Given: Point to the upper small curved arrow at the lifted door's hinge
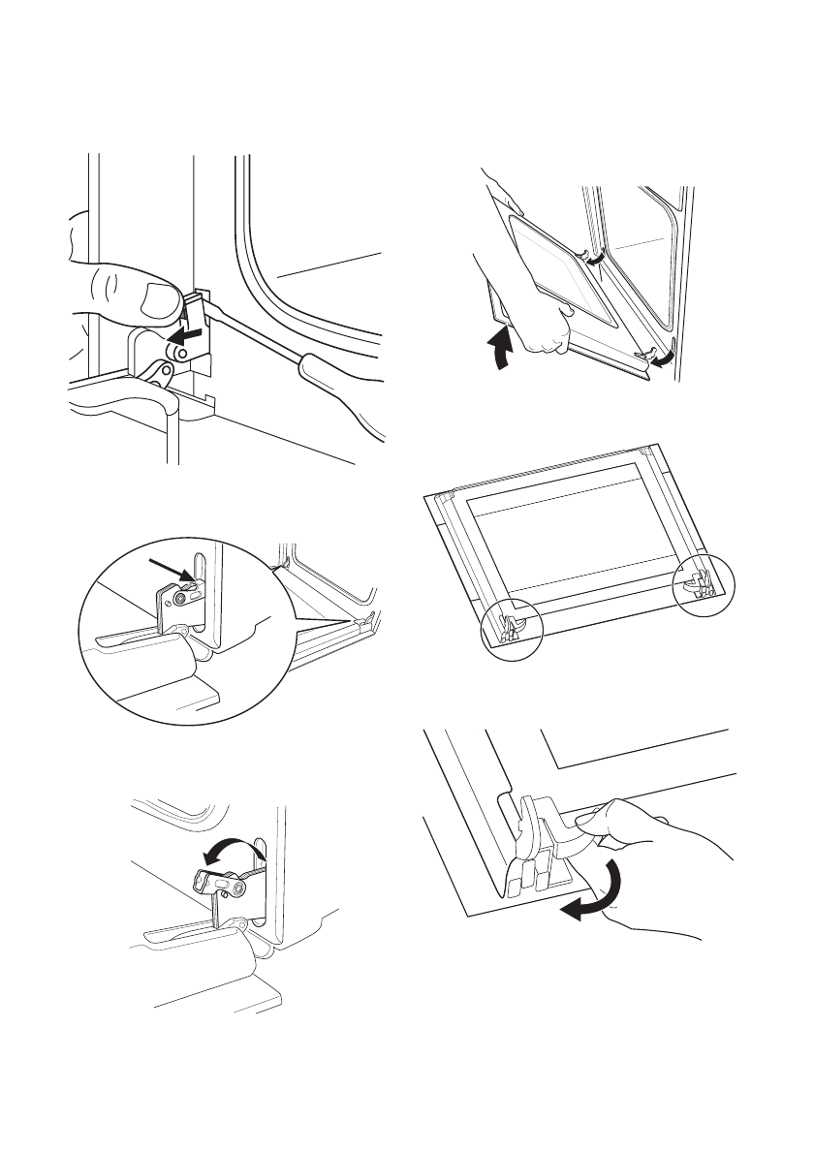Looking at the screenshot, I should coord(594,257).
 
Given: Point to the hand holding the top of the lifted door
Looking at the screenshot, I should coord(504,194).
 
